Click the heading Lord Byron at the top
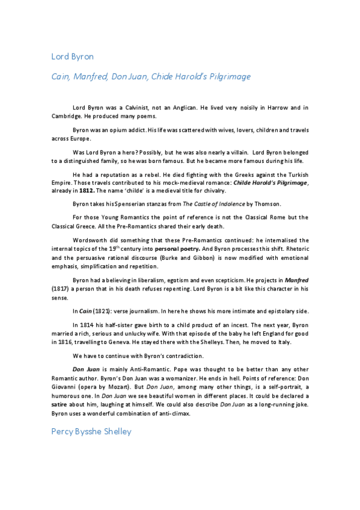72,57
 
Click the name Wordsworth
90,239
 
